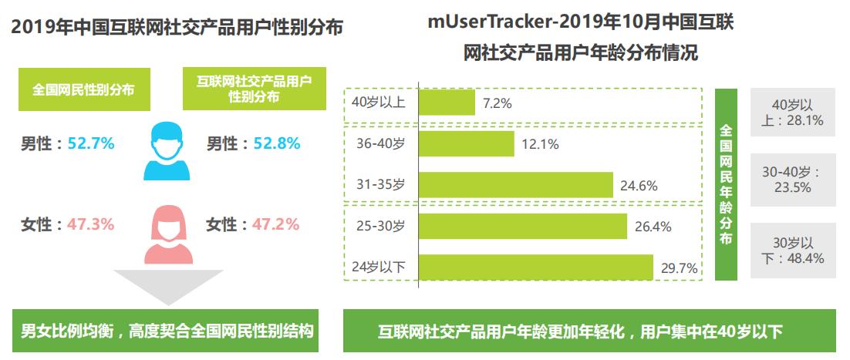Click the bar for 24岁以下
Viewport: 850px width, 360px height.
click(535, 267)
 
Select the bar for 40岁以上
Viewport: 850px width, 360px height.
click(447, 103)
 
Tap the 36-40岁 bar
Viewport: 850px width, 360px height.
click(466, 144)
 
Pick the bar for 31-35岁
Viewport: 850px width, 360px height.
click(515, 185)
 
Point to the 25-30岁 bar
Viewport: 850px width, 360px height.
click(522, 227)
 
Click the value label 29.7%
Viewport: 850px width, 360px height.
click(680, 268)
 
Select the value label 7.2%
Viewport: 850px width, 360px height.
click(498, 103)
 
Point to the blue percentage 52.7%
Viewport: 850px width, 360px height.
click(91, 143)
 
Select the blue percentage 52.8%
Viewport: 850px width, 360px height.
click(275, 143)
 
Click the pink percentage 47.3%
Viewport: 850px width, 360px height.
click(91, 224)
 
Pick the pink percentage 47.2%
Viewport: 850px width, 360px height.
click(275, 224)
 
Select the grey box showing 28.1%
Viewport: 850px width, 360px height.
click(793, 113)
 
